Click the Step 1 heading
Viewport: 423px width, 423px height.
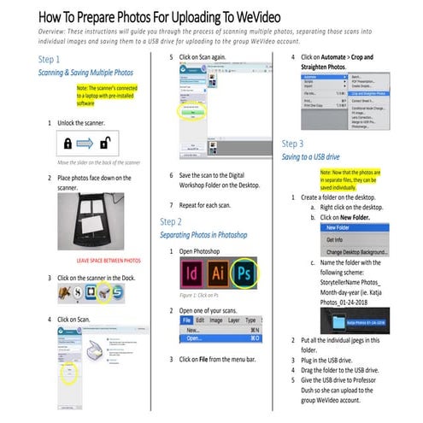click(x=50, y=60)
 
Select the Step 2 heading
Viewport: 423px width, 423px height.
click(x=172, y=221)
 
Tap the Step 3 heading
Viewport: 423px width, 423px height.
click(x=292, y=144)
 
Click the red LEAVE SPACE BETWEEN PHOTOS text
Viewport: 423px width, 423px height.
click(x=109, y=259)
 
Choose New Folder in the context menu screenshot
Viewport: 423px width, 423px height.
click(x=337, y=228)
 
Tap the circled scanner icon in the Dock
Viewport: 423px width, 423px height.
click(x=102, y=293)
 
